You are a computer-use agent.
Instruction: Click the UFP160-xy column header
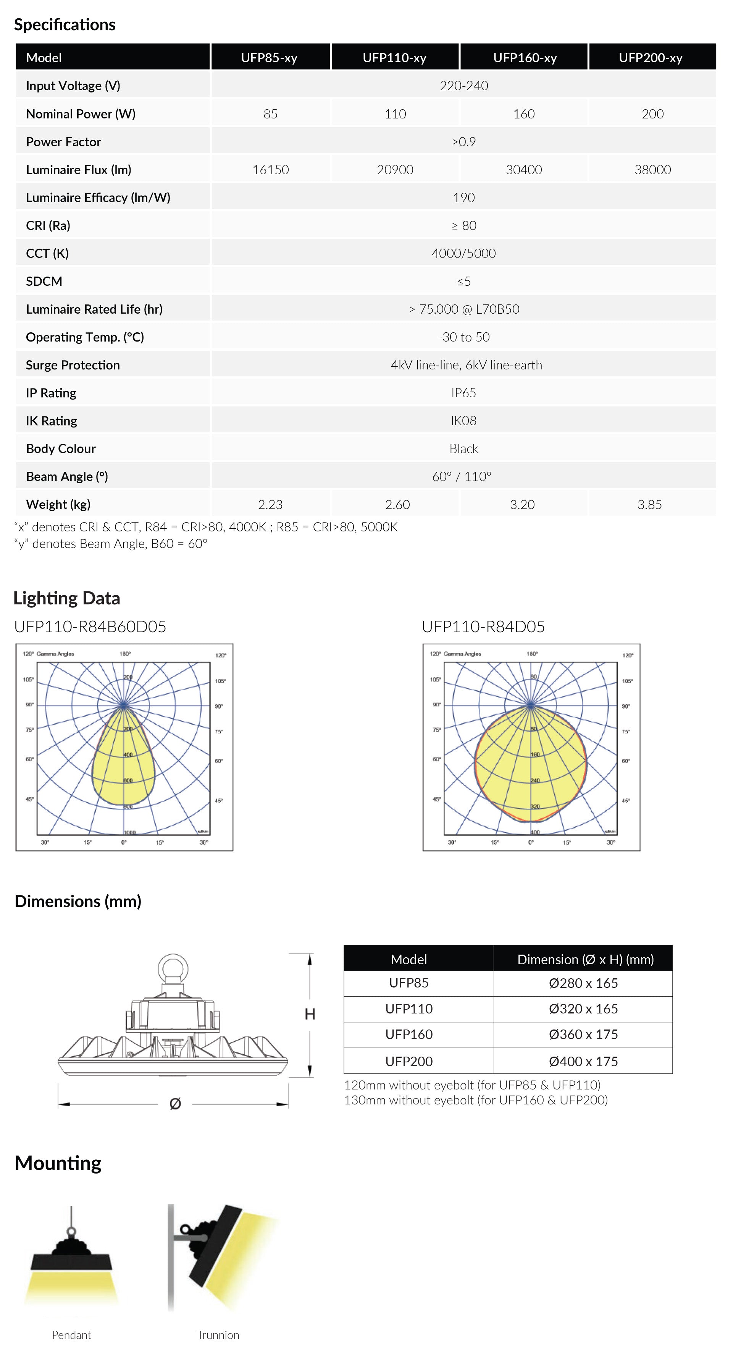point(524,58)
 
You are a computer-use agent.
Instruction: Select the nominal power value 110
point(395,114)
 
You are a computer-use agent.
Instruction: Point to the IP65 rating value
point(463,393)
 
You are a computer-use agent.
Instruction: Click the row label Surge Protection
point(73,365)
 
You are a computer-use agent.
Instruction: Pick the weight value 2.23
point(270,504)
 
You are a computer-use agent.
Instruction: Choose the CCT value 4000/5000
point(463,253)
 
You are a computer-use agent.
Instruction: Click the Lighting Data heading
point(67,598)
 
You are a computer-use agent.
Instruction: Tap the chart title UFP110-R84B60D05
point(90,626)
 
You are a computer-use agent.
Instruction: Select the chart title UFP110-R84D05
point(483,626)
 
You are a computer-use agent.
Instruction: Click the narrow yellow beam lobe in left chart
point(123,762)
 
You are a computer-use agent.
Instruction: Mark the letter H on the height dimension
point(310,1014)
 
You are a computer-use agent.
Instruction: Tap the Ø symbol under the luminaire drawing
point(175,1104)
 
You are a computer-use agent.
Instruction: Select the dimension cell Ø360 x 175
point(583,1034)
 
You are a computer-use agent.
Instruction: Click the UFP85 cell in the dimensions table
point(409,983)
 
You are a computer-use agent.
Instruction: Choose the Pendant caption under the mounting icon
point(71,1335)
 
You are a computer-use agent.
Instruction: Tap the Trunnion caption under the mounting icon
point(218,1335)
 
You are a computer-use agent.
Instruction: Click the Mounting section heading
point(58,1163)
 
